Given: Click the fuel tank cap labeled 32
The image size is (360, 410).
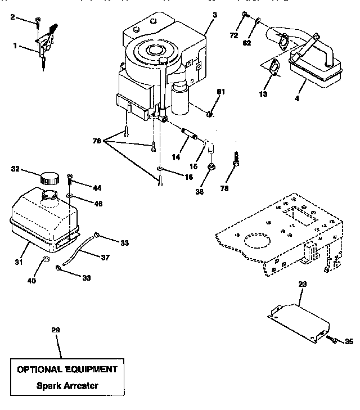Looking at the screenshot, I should [49, 177].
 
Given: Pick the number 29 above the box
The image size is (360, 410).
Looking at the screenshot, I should [55, 330].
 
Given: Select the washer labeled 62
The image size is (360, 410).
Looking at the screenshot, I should [257, 22].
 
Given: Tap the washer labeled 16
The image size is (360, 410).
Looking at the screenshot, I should [160, 168].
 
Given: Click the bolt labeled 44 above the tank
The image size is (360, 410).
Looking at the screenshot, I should [70, 181].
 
